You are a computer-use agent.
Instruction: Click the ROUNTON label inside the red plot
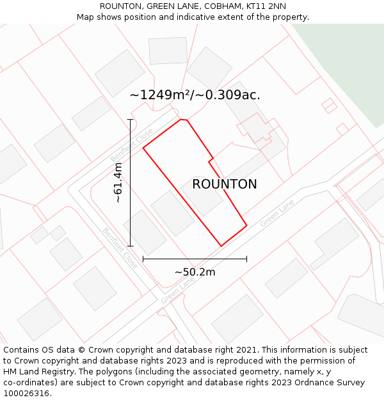(225, 184)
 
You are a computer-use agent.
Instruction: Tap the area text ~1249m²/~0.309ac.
(195, 95)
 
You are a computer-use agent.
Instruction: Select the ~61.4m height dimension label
(118, 183)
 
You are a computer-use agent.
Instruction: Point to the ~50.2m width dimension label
(195, 272)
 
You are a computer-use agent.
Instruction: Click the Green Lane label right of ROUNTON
(276, 213)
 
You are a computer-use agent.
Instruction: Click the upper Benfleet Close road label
(132, 146)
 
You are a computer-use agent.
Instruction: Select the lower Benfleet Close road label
(120, 248)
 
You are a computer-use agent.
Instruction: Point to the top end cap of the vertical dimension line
(130, 120)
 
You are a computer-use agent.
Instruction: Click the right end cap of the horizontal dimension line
(246, 259)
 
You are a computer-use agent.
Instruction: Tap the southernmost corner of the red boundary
(221, 246)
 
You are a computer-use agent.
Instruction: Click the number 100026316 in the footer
(26, 393)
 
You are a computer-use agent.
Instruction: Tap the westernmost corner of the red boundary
(143, 148)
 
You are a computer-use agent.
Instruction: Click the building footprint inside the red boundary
(202, 196)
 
